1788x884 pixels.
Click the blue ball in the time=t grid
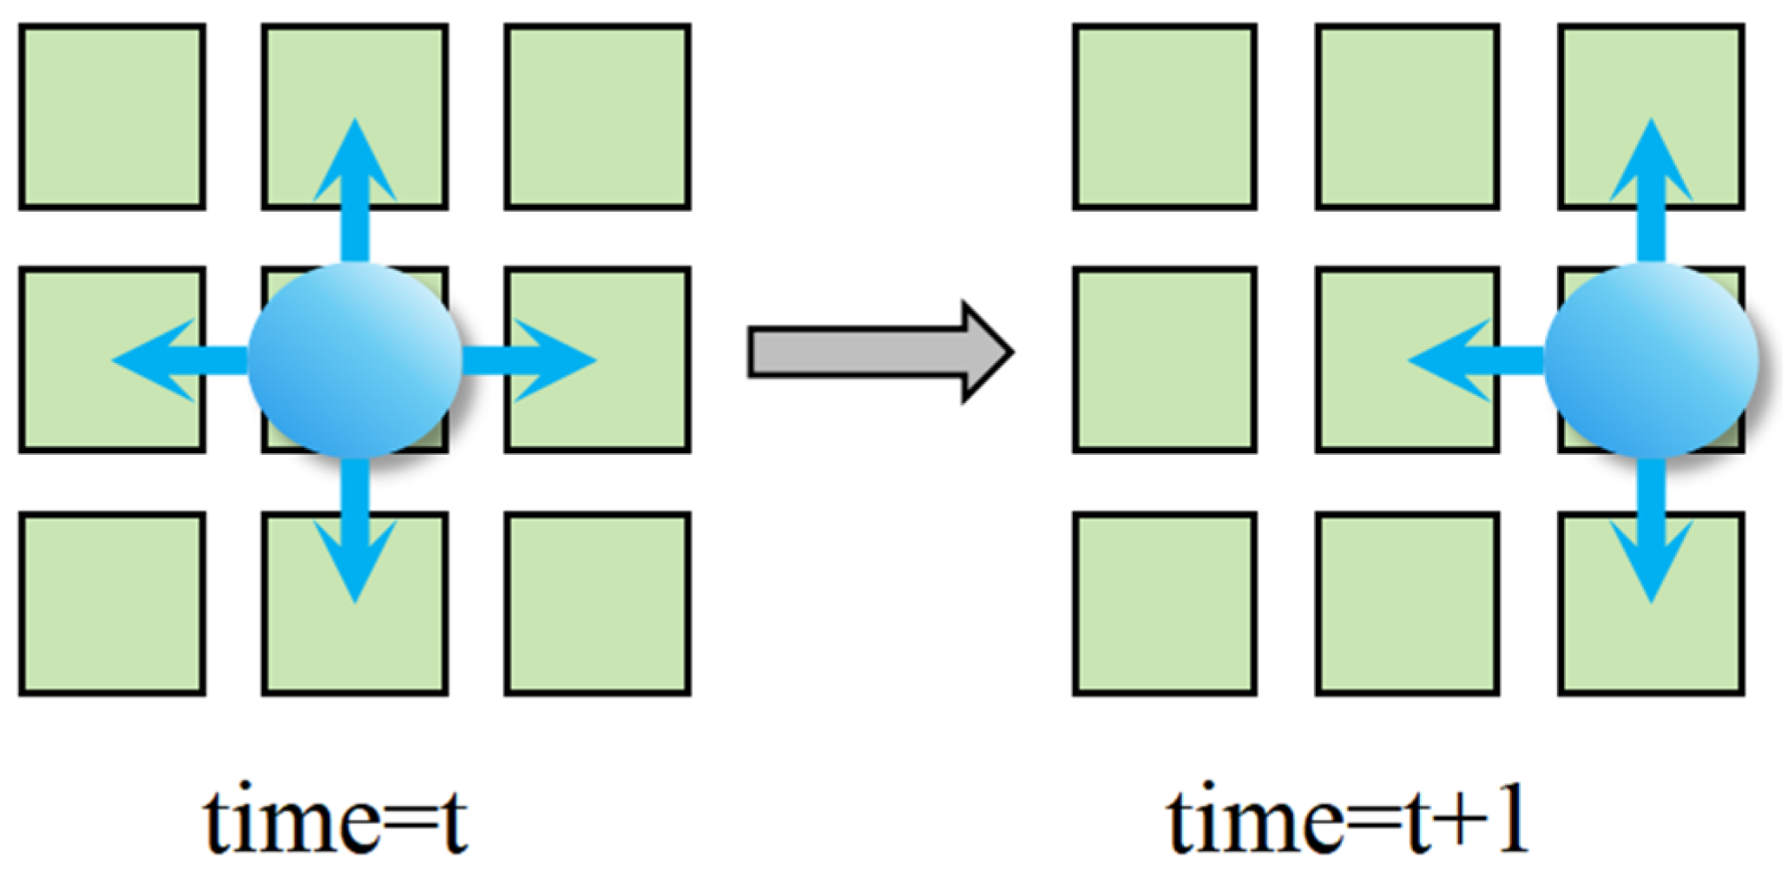click(x=354, y=360)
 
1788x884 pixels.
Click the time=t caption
click(x=335, y=821)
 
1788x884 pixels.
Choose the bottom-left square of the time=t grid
click(x=112, y=604)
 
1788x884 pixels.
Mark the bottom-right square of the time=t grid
click(x=598, y=604)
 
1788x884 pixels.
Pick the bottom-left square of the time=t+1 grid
click(x=1165, y=604)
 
